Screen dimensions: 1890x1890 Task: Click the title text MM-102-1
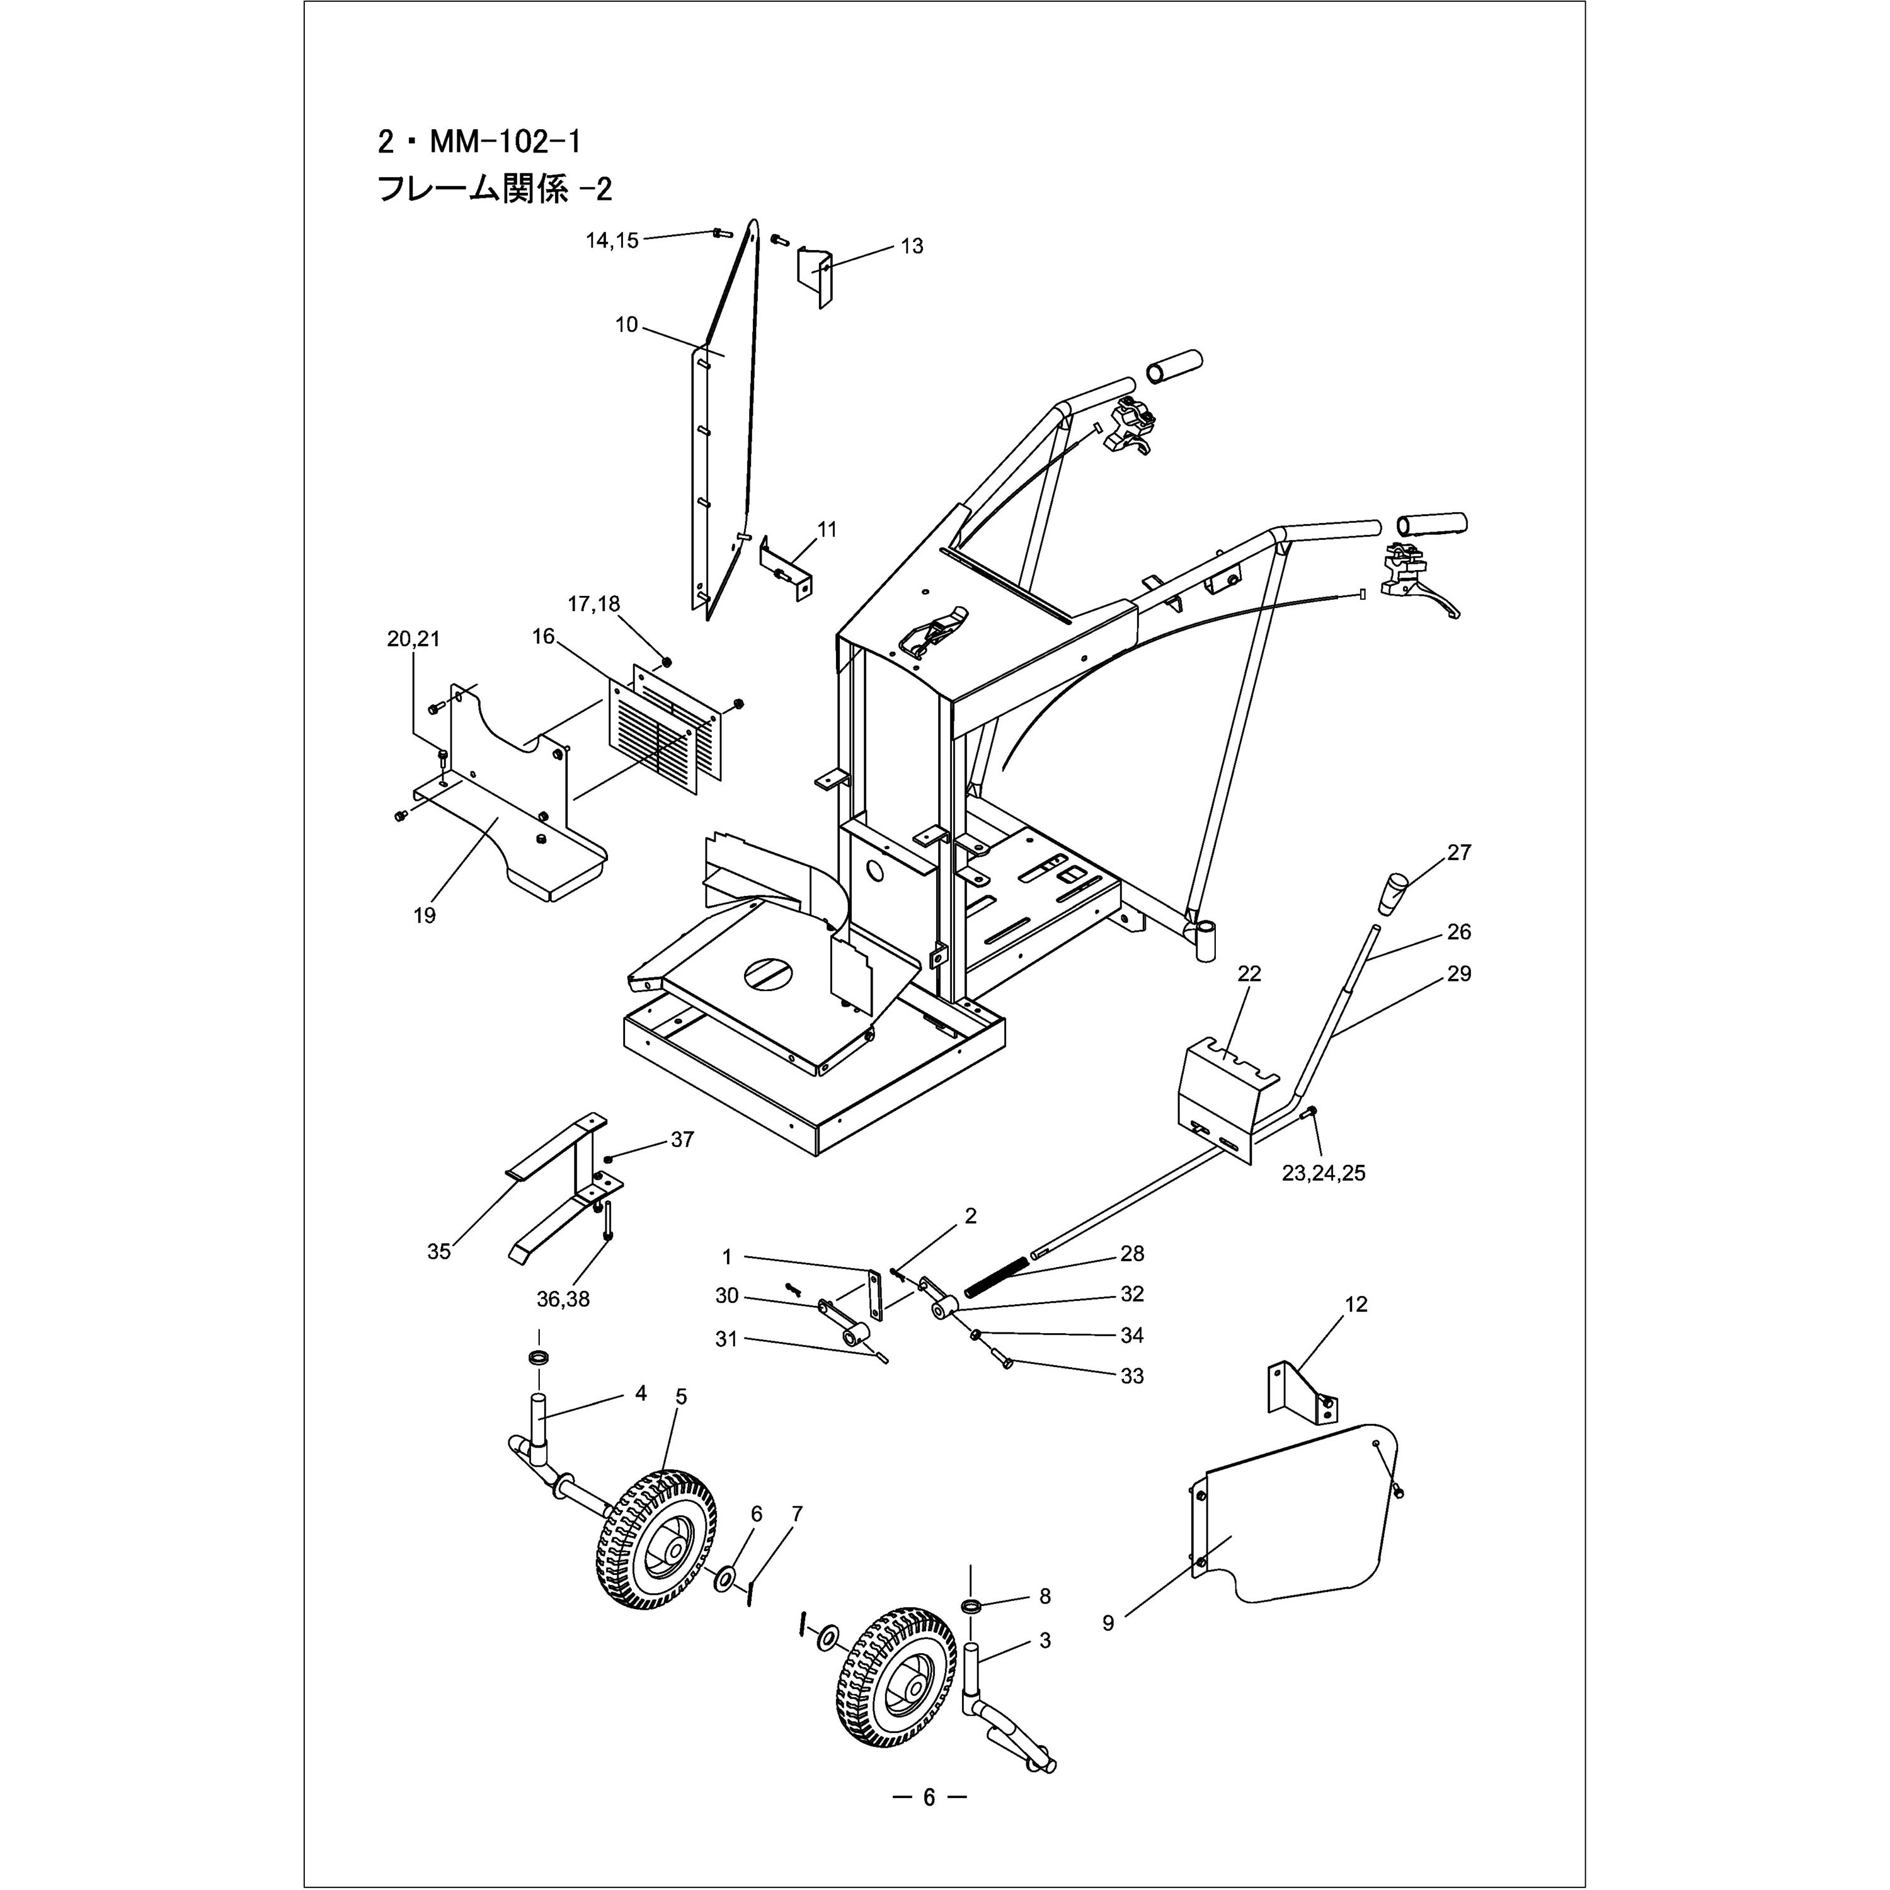pos(479,143)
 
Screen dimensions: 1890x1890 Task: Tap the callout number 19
pos(425,915)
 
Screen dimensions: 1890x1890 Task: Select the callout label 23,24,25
pos(1324,1173)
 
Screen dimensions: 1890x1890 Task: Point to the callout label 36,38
pos(563,1300)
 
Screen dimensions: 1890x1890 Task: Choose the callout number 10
pos(626,325)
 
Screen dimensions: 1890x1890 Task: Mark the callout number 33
pos(1132,1375)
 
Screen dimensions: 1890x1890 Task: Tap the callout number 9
pos(1108,1623)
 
